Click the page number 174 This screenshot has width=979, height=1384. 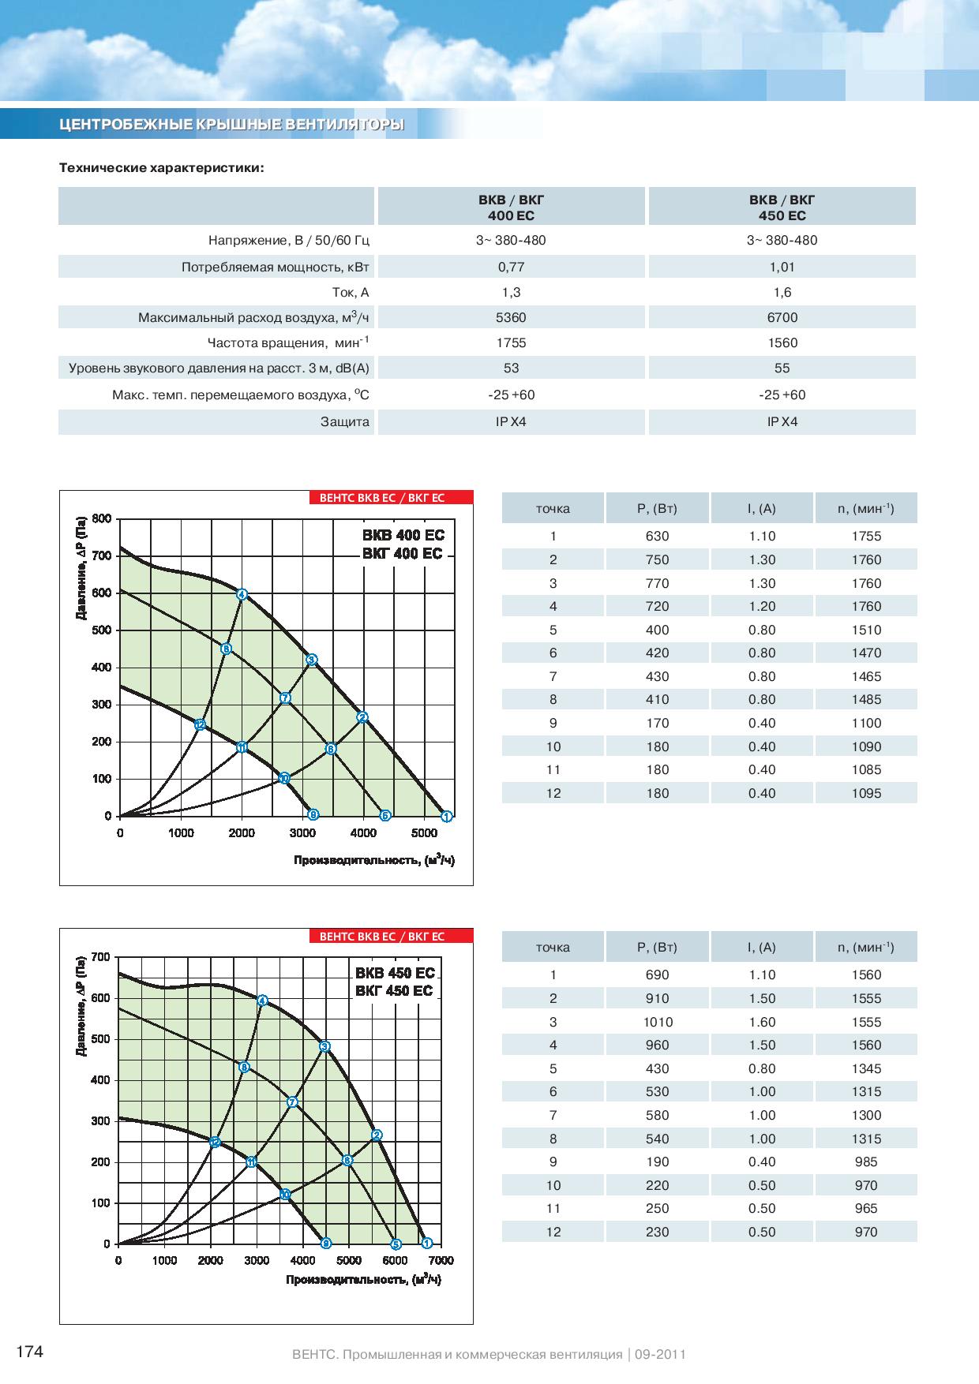click(29, 1352)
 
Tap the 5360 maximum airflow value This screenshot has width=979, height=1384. click(511, 317)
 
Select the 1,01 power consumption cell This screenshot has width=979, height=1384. click(782, 267)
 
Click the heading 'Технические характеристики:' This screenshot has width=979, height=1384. click(162, 168)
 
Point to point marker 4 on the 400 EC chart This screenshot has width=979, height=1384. click(242, 594)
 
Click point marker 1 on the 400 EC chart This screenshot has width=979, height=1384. click(446, 816)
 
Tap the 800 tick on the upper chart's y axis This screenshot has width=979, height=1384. click(102, 518)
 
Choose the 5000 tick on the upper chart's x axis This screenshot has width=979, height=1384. click(424, 833)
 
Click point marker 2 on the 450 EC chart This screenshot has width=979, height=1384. click(377, 1135)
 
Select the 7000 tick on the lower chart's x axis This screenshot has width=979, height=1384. click(441, 1260)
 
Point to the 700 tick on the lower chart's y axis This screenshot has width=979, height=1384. click(100, 957)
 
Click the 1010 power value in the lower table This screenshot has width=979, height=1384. click(657, 1022)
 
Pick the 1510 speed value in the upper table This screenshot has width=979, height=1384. click(866, 630)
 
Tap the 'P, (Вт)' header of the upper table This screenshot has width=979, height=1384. click(657, 509)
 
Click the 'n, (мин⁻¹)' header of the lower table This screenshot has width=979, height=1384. click(866, 948)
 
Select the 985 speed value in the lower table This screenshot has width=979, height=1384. click(866, 1161)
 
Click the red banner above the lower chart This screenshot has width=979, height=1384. click(391, 937)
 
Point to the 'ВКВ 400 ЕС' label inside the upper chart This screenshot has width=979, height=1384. click(403, 536)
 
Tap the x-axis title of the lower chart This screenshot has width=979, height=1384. click(363, 1279)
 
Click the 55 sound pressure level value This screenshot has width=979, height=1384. click(782, 368)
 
